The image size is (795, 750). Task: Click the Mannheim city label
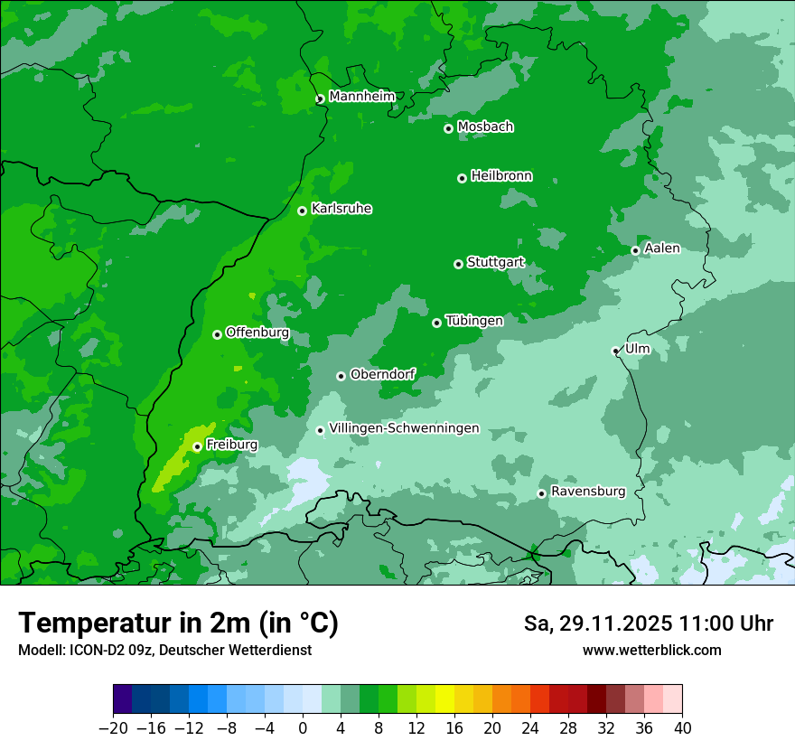pos(361,96)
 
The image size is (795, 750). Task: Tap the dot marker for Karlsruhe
pos(302,211)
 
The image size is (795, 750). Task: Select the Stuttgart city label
pos(495,263)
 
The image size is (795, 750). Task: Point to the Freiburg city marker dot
pos(197,446)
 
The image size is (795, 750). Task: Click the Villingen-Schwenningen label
pos(404,428)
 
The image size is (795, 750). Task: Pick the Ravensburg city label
pos(588,492)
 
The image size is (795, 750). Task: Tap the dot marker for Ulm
pos(615,351)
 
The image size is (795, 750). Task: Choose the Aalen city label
pos(662,248)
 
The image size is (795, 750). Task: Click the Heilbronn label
pos(501,176)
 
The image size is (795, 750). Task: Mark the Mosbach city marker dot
pos(448,128)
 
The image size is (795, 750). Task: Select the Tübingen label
pos(474,321)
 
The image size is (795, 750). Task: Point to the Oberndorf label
pos(383,374)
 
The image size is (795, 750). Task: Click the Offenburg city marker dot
pos(217,334)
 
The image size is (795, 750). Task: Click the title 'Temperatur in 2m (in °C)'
pos(178,623)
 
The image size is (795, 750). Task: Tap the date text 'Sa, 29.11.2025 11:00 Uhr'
pos(649,623)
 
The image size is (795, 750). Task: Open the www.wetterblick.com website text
pos(651,650)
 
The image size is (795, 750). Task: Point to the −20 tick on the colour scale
pos(113,728)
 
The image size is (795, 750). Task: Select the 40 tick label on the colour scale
pos(682,728)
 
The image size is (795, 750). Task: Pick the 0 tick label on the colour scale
pos(303,728)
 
